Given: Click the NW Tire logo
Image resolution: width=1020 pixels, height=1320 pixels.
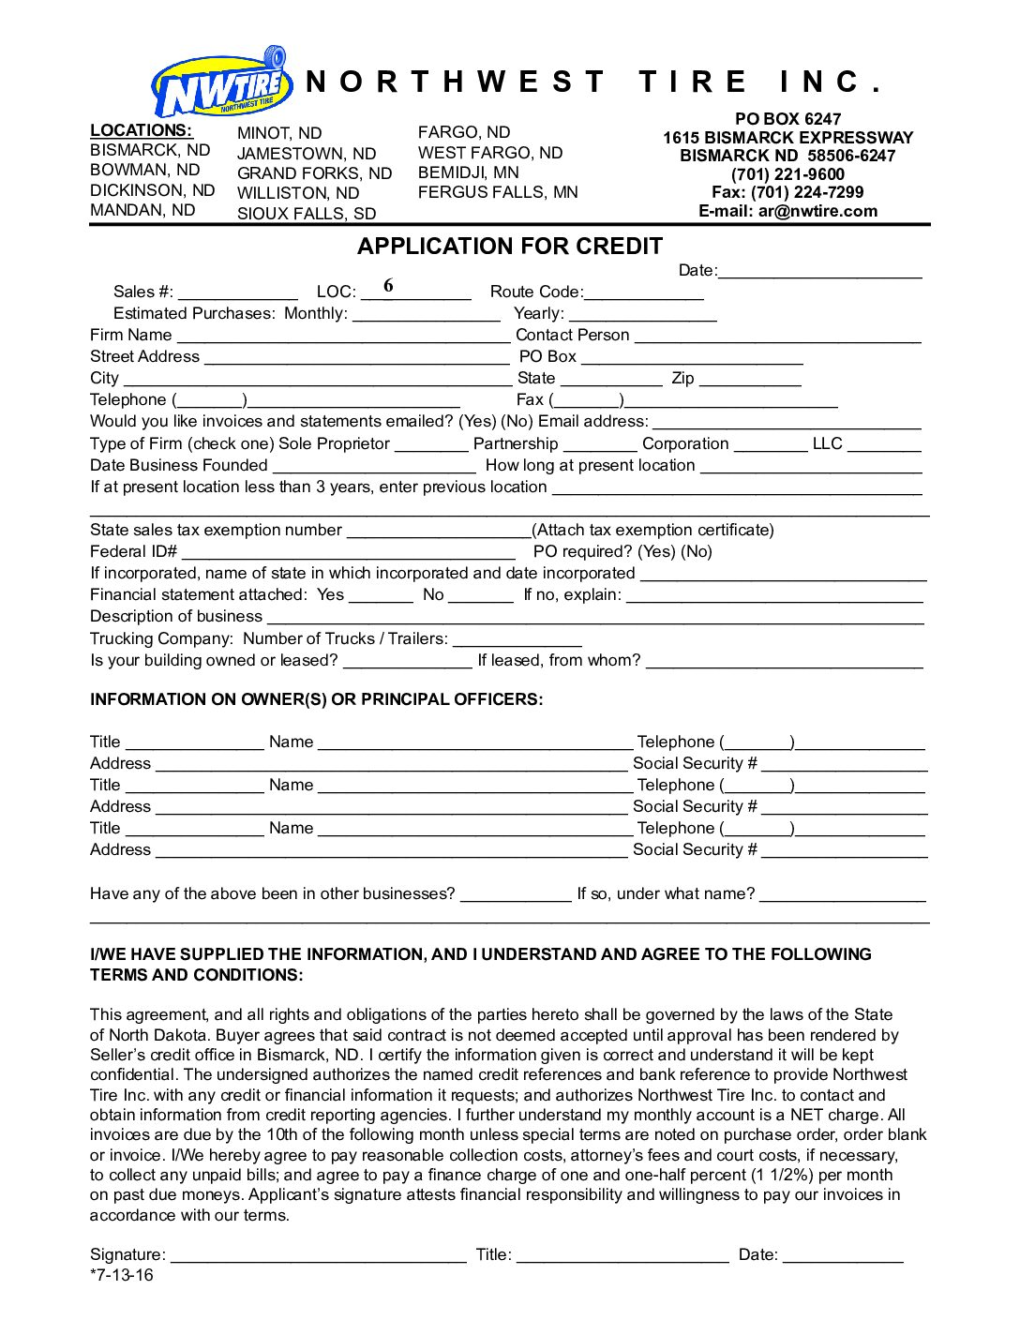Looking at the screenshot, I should (221, 85).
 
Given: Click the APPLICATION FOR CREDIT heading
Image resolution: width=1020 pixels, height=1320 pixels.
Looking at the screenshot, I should (509, 247).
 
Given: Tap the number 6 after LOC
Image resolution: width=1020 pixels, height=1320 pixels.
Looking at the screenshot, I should (388, 286).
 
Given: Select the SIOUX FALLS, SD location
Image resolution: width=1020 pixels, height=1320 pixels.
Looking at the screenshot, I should (307, 214).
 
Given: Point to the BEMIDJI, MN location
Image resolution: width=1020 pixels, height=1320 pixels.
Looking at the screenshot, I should (468, 172).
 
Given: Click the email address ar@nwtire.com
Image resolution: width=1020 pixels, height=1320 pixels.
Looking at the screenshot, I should (817, 211).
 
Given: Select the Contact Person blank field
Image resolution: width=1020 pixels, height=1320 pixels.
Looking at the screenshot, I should (777, 337).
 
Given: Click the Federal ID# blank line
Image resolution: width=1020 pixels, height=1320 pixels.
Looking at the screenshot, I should (348, 553).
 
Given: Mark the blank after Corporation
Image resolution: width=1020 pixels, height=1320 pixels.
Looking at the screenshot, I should (770, 446).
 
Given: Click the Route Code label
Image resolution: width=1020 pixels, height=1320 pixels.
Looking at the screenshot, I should (536, 292).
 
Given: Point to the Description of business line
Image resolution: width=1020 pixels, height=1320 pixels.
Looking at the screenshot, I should (594, 619).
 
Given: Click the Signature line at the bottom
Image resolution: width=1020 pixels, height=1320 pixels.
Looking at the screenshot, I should (318, 1257).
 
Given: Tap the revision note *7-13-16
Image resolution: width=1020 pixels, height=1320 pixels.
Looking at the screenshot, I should (122, 1275).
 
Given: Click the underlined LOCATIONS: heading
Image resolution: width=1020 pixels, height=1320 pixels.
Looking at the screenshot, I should (141, 130).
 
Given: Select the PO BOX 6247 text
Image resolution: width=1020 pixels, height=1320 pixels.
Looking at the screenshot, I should (787, 119).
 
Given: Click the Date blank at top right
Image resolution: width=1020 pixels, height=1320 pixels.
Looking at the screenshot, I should (819, 273).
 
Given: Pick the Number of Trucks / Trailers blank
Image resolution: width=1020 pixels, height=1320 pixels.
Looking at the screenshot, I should (517, 641).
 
